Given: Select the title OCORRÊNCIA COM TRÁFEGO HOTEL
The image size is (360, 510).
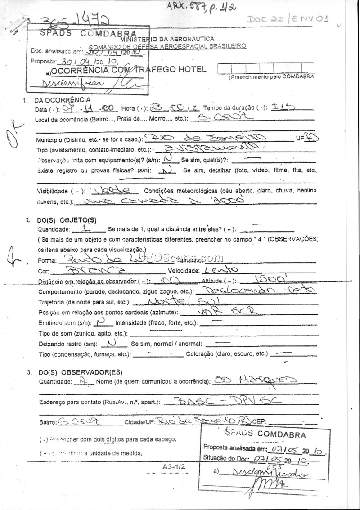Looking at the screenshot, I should [x=129, y=70].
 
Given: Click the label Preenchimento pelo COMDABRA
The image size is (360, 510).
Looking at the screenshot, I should [x=271, y=77].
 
